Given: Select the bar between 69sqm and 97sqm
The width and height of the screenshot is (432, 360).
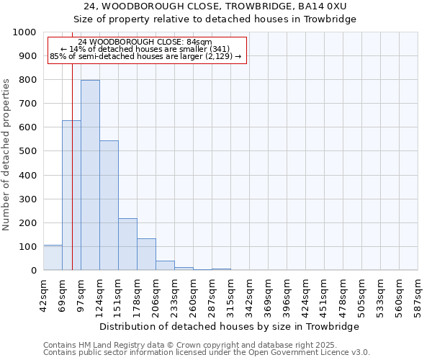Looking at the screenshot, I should coord(71,195).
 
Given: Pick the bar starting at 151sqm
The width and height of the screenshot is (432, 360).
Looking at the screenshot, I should coord(127,244).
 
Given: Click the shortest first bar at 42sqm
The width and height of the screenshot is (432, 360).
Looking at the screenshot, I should coord(53,258).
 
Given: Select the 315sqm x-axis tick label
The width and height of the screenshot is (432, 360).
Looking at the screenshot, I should coord(230,294).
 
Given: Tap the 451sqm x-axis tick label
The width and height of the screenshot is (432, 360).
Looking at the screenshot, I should coord(324,294).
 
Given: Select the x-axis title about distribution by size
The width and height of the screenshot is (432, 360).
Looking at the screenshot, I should coord(230,326).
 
